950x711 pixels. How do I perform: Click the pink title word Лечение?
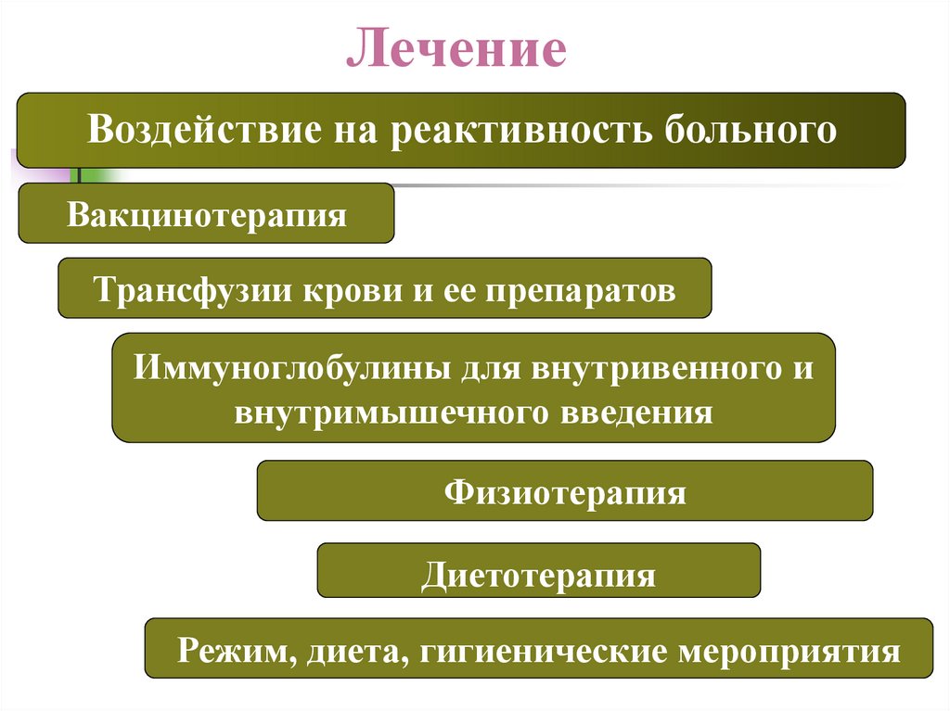456,50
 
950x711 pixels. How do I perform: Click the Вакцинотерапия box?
206,214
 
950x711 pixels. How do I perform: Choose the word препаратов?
577,290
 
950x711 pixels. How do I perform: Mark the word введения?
635,411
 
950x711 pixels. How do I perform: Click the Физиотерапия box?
564,490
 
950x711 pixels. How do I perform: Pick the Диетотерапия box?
538,574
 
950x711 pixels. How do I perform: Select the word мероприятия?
790,650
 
